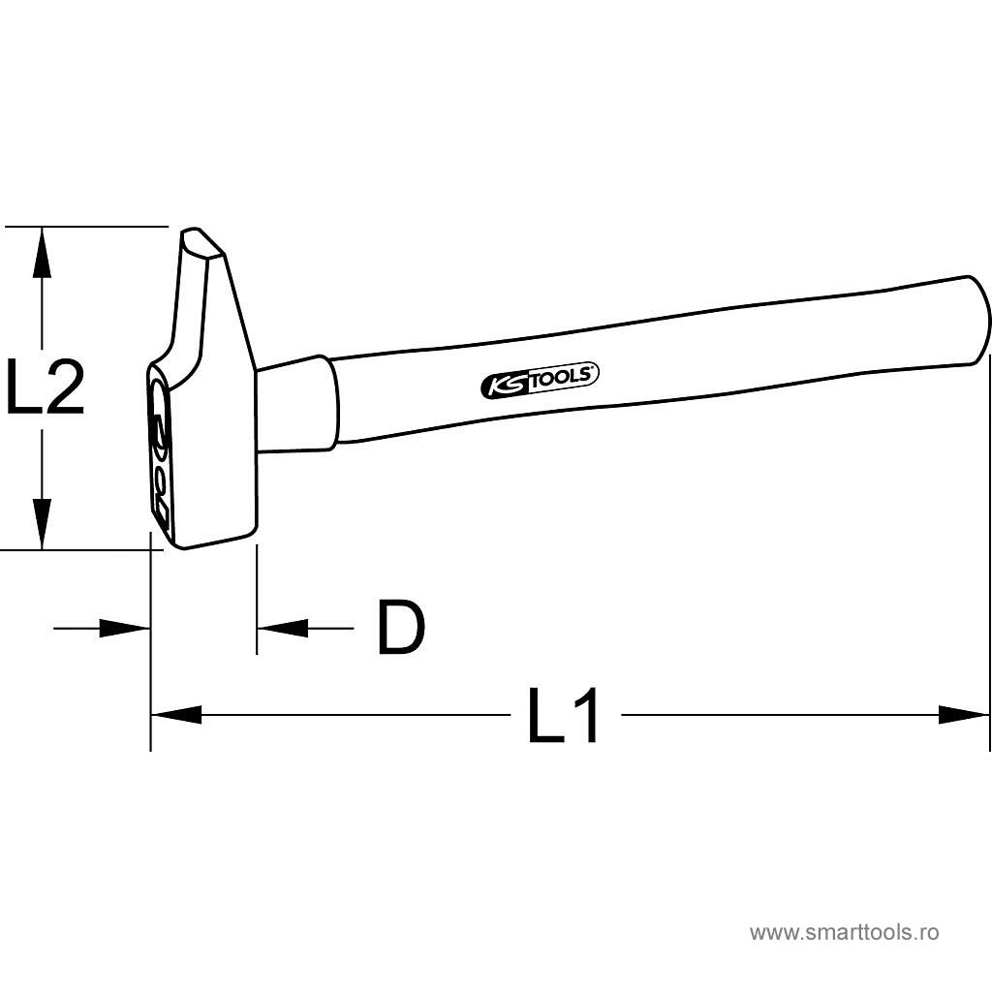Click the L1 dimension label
pos(563,715)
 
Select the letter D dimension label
pos(401,627)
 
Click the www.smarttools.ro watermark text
pos(845,932)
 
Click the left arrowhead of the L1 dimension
pos(176,715)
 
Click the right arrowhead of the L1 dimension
pos(964,715)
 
